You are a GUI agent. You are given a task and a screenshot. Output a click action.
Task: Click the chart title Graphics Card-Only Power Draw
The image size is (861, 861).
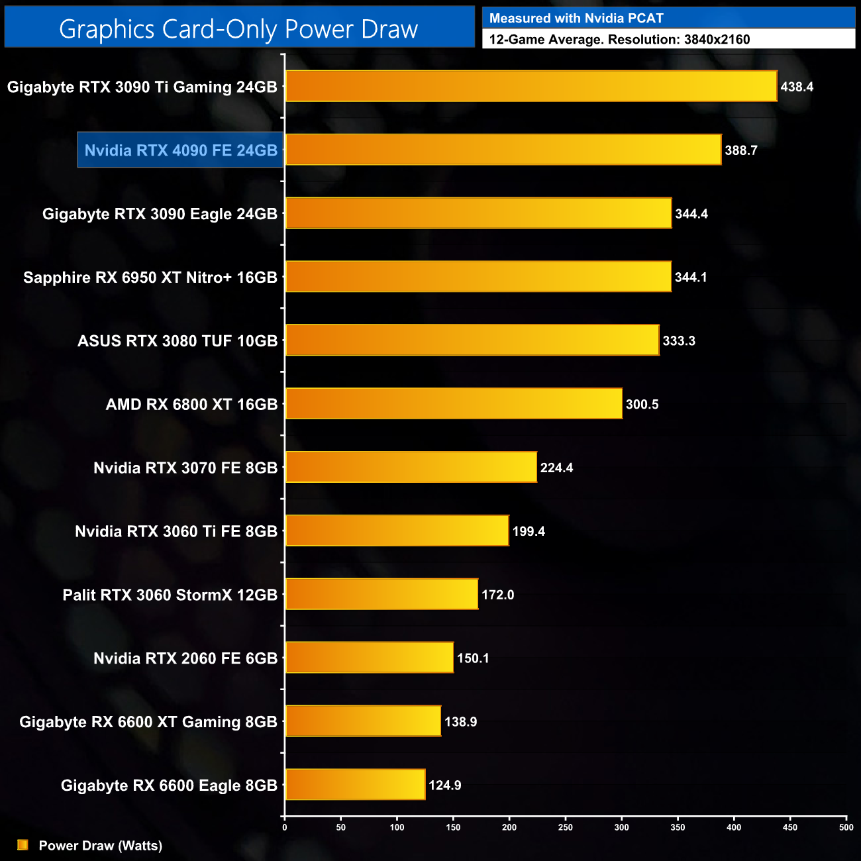pos(238,29)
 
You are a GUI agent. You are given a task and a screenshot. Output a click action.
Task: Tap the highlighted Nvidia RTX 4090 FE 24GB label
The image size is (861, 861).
pos(181,150)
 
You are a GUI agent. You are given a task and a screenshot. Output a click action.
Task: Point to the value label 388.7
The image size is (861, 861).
pos(740,150)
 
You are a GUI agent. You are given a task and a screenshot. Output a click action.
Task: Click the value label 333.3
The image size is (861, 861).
pos(679,341)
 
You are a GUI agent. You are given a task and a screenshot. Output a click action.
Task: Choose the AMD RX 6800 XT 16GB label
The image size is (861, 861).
pos(191,405)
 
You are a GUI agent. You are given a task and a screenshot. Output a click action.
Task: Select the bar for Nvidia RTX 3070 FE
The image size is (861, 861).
pos(411,468)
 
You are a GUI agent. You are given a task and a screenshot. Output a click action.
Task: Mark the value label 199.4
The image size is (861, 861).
pos(529,531)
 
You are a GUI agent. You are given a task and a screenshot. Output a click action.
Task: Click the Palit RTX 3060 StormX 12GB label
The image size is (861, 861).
pos(170,595)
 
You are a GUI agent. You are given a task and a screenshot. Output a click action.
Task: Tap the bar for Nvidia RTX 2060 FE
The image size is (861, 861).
pos(370,658)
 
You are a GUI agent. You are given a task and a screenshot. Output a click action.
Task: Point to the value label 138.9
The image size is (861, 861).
pos(460,722)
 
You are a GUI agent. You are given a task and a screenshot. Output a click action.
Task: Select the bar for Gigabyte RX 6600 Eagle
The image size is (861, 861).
pos(355,785)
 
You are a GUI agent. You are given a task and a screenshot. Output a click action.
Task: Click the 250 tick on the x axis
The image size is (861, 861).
pos(566,827)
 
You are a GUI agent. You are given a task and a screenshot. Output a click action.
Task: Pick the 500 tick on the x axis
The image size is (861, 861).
pos(846,827)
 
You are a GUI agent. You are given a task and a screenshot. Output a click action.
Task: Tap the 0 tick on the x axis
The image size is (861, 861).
pos(285,827)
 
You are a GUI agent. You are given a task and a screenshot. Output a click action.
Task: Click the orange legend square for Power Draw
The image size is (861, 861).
pos(23,845)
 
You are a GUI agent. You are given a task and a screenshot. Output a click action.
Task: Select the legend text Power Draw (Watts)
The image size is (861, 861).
pos(101,846)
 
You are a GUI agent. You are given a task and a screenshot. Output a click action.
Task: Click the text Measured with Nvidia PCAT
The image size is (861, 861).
pos(576,19)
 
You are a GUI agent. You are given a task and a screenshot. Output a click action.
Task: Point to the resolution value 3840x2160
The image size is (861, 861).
pos(717,40)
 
